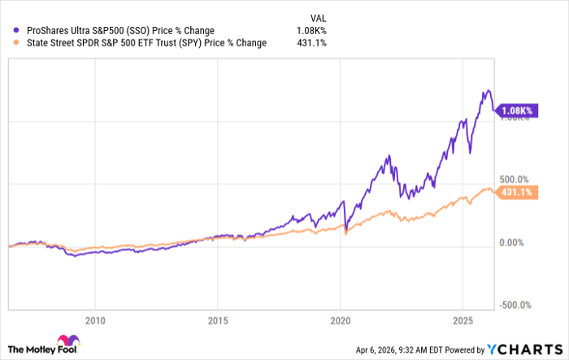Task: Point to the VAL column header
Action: click(317, 16)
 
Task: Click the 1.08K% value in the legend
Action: click(310, 31)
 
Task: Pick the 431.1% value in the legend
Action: click(311, 43)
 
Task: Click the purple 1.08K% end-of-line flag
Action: click(519, 111)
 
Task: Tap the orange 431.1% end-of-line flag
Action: click(518, 192)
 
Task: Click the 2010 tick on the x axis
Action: click(95, 319)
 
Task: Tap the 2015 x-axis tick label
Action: click(218, 319)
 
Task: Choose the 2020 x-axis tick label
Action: click(341, 319)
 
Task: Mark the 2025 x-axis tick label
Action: click(463, 319)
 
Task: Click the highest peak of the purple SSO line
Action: click(488, 90)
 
